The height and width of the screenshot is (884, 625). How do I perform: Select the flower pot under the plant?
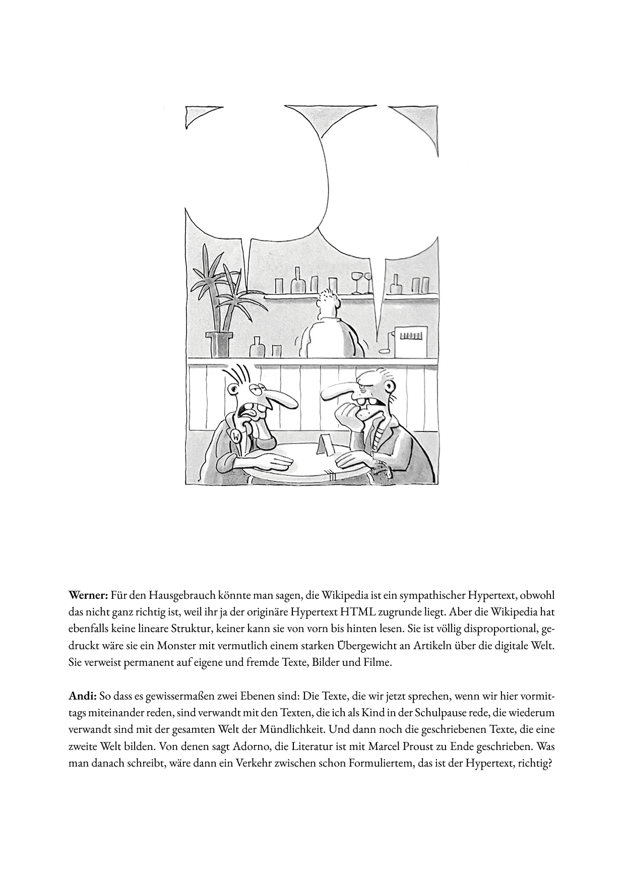point(219,345)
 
